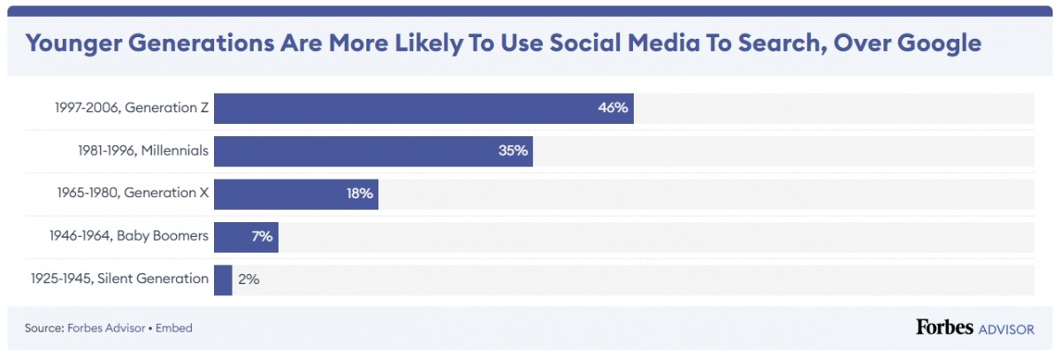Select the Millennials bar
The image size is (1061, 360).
[372, 151]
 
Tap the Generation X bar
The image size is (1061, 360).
[295, 194]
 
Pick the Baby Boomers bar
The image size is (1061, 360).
[246, 237]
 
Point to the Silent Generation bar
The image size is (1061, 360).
[223, 280]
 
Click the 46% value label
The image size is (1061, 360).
[612, 108]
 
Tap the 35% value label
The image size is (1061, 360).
[513, 151]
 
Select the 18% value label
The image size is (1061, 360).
[360, 194]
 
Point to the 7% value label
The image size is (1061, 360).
[263, 237]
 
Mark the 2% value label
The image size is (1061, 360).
[248, 280]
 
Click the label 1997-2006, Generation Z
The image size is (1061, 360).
[130, 108]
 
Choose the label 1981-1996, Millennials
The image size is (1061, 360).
[143, 151]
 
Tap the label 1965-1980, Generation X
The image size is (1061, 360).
[134, 194]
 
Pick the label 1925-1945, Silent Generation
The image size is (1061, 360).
[119, 280]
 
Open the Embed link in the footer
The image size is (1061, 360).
[174, 328]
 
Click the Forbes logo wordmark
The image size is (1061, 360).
[944, 328]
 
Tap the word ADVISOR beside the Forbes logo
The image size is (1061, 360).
[1006, 329]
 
